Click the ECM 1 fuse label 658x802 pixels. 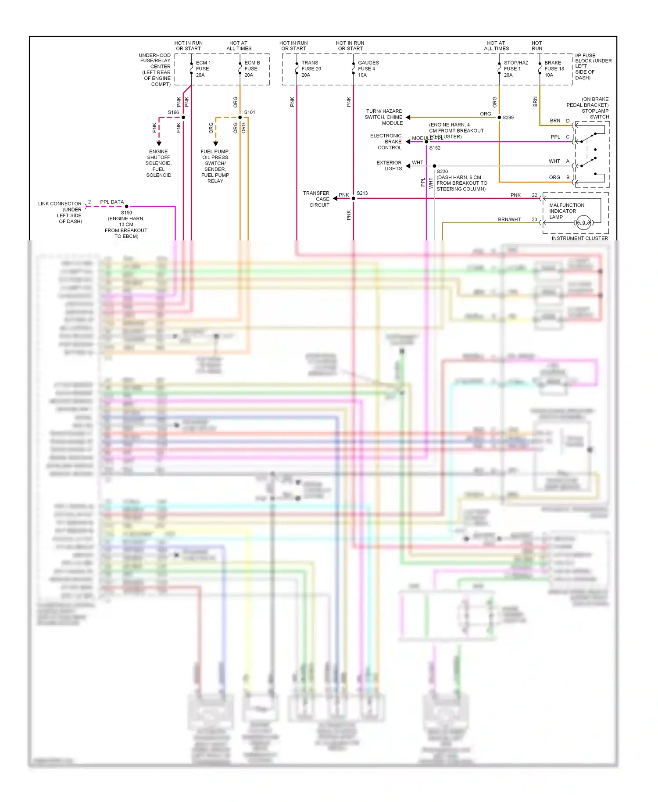point(203,69)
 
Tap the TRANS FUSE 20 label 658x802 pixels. point(311,69)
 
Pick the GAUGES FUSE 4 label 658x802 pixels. point(368,69)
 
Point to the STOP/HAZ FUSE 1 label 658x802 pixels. point(515,69)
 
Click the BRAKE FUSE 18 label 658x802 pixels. point(554,69)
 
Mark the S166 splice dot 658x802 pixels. point(183,118)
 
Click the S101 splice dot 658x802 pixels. point(240,118)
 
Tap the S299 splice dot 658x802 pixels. point(499,118)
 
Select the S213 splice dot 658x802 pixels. point(354,198)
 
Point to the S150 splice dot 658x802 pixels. point(127,206)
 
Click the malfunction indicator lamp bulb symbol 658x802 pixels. point(583,223)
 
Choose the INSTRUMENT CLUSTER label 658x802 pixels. point(579,238)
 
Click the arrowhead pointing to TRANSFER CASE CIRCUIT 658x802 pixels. point(335,198)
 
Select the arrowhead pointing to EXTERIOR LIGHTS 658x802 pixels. point(408,166)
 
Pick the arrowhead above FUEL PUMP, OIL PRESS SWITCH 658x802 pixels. point(215,143)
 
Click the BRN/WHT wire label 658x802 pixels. point(509,219)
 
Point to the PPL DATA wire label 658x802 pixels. point(112,202)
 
